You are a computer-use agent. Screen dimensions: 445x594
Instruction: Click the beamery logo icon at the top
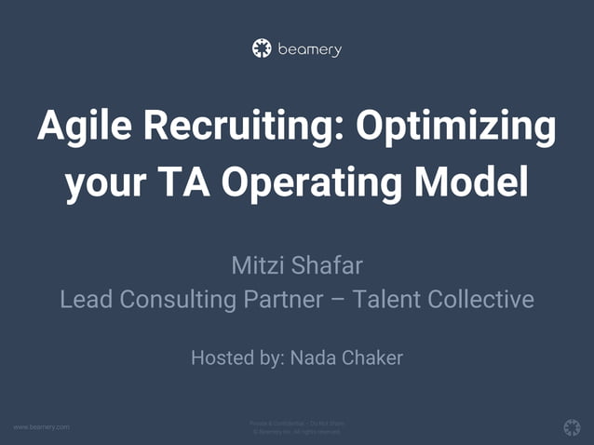coord(263,48)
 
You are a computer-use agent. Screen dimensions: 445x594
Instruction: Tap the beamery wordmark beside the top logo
coord(309,49)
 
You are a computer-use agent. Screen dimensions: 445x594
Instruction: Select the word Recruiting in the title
coord(236,126)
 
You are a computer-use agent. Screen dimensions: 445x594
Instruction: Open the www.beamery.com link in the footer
coord(41,426)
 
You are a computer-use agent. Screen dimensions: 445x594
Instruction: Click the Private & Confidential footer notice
coord(297,424)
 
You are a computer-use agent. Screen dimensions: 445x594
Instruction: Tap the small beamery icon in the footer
coord(572,426)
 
